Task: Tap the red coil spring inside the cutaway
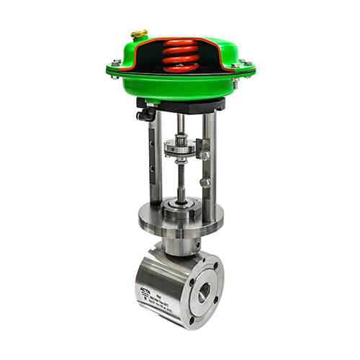pos(179,56)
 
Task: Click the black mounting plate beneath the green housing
pos(180,105)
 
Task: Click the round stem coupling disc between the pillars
pos(181,148)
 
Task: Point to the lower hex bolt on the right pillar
pos(204,183)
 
